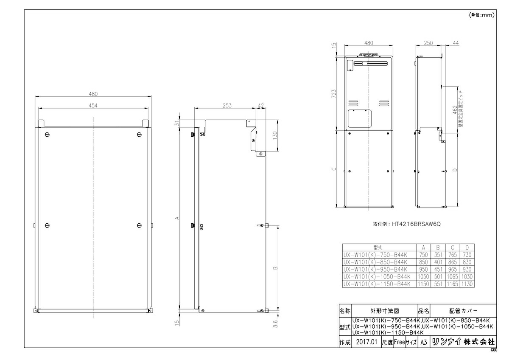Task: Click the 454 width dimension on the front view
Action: (x=93, y=106)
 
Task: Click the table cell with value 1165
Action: (x=453, y=284)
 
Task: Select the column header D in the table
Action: (x=467, y=247)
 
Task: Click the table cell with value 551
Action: (x=438, y=284)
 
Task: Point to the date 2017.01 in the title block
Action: (x=365, y=342)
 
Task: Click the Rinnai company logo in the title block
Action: (x=445, y=342)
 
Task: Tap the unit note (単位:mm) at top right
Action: (x=482, y=15)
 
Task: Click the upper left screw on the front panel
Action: (x=47, y=135)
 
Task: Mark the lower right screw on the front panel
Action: (x=140, y=225)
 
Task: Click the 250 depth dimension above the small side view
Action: (x=428, y=43)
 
